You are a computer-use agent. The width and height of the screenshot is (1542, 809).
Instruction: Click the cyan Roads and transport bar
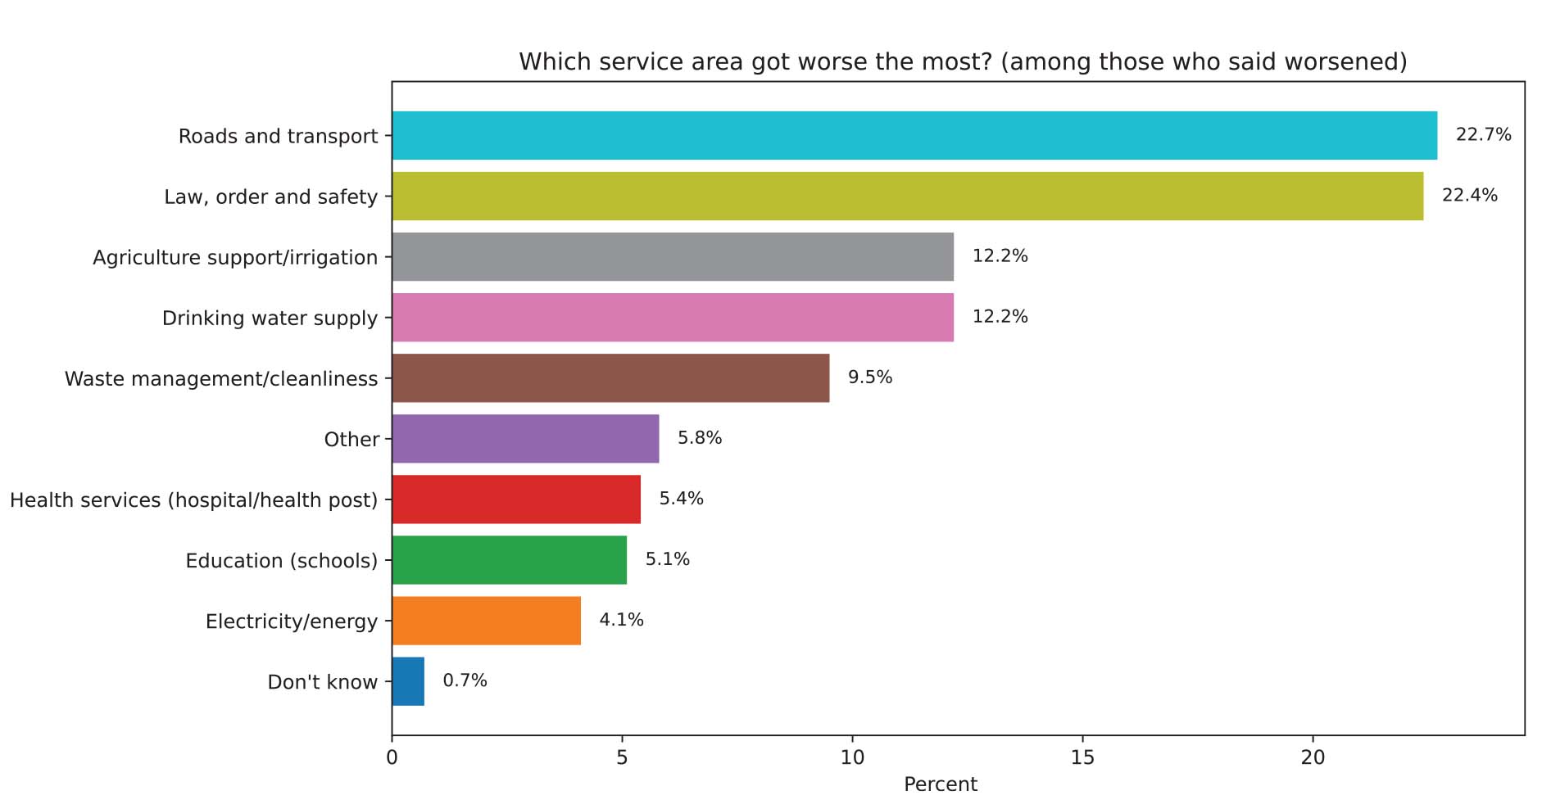[x=914, y=136]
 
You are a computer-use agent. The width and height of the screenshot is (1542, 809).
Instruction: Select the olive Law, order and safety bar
[x=907, y=197]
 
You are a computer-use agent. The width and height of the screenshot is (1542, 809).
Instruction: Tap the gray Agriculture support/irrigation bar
[x=672, y=257]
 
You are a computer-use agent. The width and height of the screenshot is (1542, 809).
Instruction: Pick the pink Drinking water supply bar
[x=672, y=318]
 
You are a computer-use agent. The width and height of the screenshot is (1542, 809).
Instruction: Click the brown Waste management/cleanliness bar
[x=610, y=378]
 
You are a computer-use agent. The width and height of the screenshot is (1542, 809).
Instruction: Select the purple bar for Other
[x=525, y=439]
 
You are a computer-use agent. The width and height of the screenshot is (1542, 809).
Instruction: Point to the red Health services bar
[x=516, y=499]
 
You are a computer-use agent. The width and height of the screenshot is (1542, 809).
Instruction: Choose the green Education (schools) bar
[x=509, y=560]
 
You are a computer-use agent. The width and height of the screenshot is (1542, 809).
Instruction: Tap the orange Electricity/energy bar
[x=486, y=621]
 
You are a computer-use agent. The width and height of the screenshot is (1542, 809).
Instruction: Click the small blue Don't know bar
[x=408, y=681]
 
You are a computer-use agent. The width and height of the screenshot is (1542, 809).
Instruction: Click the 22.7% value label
[x=1483, y=134]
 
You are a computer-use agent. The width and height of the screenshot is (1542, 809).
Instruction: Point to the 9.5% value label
[x=869, y=377]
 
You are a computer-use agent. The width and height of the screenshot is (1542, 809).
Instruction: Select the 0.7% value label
[x=465, y=680]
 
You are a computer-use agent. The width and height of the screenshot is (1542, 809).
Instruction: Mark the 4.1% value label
[x=621, y=620]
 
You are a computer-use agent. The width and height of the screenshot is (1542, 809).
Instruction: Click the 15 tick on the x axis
[x=1082, y=757]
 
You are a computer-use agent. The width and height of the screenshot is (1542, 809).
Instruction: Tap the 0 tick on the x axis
[x=392, y=757]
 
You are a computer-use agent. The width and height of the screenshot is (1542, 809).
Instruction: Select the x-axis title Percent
[x=940, y=784]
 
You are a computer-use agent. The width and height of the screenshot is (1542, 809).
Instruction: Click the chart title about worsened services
[x=963, y=62]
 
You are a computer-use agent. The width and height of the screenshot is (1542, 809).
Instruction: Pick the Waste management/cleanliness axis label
[x=221, y=379]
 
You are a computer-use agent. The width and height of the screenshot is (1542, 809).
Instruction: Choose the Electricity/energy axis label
[x=292, y=621]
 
